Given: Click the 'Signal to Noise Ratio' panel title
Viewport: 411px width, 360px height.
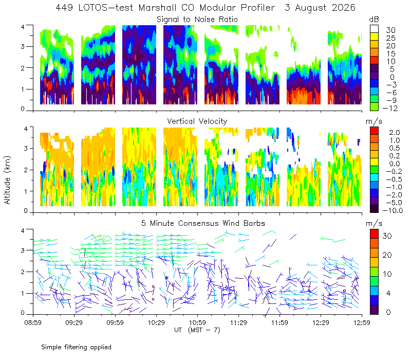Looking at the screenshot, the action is click(197, 20).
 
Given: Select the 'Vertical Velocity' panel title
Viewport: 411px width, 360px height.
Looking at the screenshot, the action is click(197, 121).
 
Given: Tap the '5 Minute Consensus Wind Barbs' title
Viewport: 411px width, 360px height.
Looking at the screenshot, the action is click(203, 223).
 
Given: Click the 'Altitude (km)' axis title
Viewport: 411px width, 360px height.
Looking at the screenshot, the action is click(7, 180).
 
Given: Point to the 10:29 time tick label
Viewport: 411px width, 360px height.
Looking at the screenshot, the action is click(156, 322).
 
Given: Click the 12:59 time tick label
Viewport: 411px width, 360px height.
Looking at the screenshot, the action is click(362, 322).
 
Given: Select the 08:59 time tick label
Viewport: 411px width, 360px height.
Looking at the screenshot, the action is click(33, 322).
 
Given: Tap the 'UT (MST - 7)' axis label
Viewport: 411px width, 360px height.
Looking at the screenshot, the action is click(197, 330).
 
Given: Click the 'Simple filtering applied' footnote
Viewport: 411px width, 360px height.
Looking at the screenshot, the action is click(76, 347).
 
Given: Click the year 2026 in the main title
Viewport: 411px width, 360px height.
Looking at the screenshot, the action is click(344, 8).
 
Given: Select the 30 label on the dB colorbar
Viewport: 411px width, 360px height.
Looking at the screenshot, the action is click(390, 30).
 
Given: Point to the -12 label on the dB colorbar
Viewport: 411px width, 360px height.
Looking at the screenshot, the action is click(390, 108).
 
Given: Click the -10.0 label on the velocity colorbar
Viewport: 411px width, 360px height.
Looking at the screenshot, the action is click(393, 210).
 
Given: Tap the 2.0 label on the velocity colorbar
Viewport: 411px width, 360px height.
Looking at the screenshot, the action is click(395, 133).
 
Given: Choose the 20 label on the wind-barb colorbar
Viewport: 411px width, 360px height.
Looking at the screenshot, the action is click(387, 255).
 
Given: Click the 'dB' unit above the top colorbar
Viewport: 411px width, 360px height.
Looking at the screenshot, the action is click(374, 20).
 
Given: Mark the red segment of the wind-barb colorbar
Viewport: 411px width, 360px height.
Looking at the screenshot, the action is click(374, 234).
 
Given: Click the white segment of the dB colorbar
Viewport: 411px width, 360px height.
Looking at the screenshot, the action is click(374, 29).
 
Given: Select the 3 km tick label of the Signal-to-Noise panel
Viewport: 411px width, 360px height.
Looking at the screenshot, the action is click(23, 46).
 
